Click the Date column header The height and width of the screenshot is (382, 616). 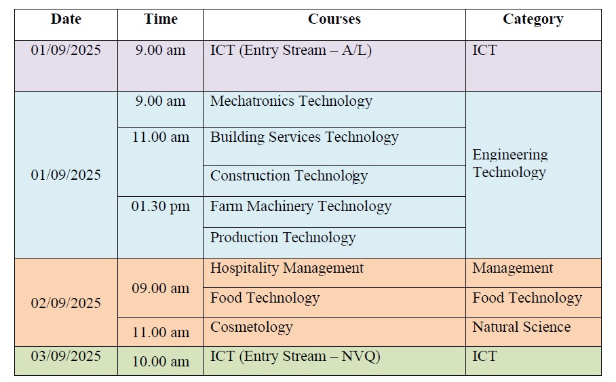[66, 19]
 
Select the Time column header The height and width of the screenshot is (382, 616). [161, 19]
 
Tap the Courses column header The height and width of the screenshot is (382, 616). [334, 19]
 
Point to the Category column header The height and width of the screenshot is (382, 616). [533, 20]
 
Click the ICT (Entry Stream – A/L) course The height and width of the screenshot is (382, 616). [291, 50]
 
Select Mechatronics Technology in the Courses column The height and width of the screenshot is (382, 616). [291, 101]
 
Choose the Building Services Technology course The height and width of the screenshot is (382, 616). [305, 137]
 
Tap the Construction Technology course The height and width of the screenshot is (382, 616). [289, 176]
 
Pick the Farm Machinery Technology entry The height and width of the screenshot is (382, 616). [301, 206]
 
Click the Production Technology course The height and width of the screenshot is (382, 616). [283, 237]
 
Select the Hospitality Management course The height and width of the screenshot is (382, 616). [287, 268]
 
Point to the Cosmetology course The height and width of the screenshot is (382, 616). [252, 327]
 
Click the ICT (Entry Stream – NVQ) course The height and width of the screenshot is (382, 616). [295, 356]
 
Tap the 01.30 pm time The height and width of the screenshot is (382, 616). [160, 206]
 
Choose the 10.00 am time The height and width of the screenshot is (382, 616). [160, 362]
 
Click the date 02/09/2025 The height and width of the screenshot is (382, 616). [66, 303]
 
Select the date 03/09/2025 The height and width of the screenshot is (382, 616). [66, 356]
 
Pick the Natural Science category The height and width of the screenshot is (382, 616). [521, 327]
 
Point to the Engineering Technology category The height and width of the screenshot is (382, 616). [510, 164]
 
